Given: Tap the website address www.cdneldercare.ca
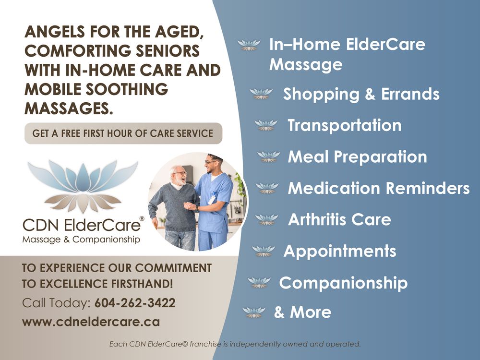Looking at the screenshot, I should (91, 322).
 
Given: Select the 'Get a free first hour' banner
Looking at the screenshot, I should (123, 133).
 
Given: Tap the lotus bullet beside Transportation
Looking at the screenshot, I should (266, 126).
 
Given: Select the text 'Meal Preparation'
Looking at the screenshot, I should (357, 157).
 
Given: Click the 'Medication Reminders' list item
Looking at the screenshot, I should (378, 188).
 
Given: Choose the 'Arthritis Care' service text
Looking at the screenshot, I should (339, 220).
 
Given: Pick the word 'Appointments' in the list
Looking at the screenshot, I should (340, 251).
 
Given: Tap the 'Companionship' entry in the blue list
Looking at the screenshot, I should (343, 283).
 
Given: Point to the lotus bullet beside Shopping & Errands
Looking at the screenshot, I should (262, 94).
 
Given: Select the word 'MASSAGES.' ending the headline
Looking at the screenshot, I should (69, 108).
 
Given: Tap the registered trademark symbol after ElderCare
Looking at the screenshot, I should (141, 219).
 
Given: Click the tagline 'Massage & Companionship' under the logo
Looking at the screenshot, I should (81, 239).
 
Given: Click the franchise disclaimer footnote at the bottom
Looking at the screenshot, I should (234, 344).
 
